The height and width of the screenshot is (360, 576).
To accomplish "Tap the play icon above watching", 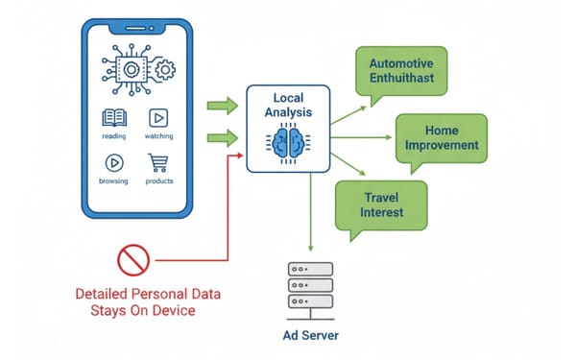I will coord(158,118).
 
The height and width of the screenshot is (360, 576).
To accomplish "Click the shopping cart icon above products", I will coord(158,162).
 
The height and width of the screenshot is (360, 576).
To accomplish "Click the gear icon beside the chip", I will coord(164,70).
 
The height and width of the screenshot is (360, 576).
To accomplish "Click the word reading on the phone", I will coord(112,137).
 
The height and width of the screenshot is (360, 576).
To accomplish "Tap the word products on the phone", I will coord(159,180).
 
